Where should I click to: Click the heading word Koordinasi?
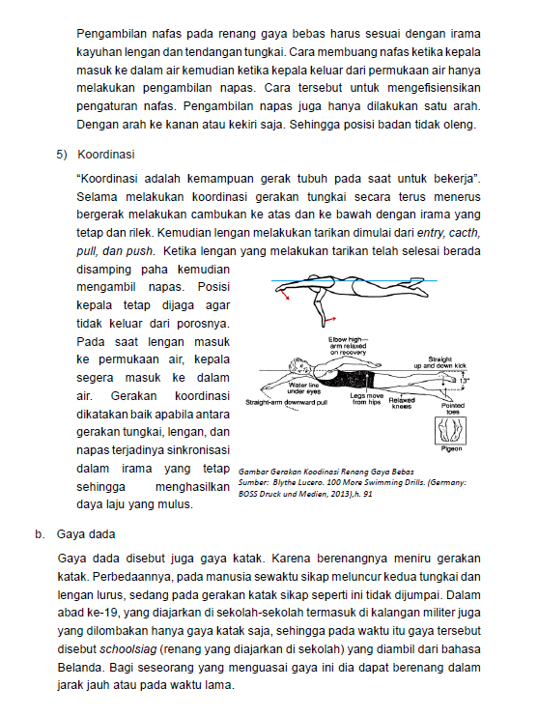[x=106, y=155]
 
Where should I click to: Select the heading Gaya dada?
[x=86, y=534]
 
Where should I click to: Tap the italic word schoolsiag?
[x=128, y=649]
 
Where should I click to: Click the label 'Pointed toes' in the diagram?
[x=453, y=409]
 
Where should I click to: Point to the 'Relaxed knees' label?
[x=402, y=403]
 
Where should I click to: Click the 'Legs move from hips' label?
[x=367, y=399]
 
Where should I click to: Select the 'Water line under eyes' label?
[x=304, y=388]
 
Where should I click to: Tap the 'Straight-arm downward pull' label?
[x=287, y=402]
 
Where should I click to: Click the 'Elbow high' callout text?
[x=348, y=346]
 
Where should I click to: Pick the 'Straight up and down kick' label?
[x=440, y=362]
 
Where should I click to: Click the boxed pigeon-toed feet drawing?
[x=451, y=430]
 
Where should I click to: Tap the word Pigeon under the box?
[x=451, y=449]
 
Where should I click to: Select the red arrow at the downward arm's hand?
[x=331, y=318]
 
